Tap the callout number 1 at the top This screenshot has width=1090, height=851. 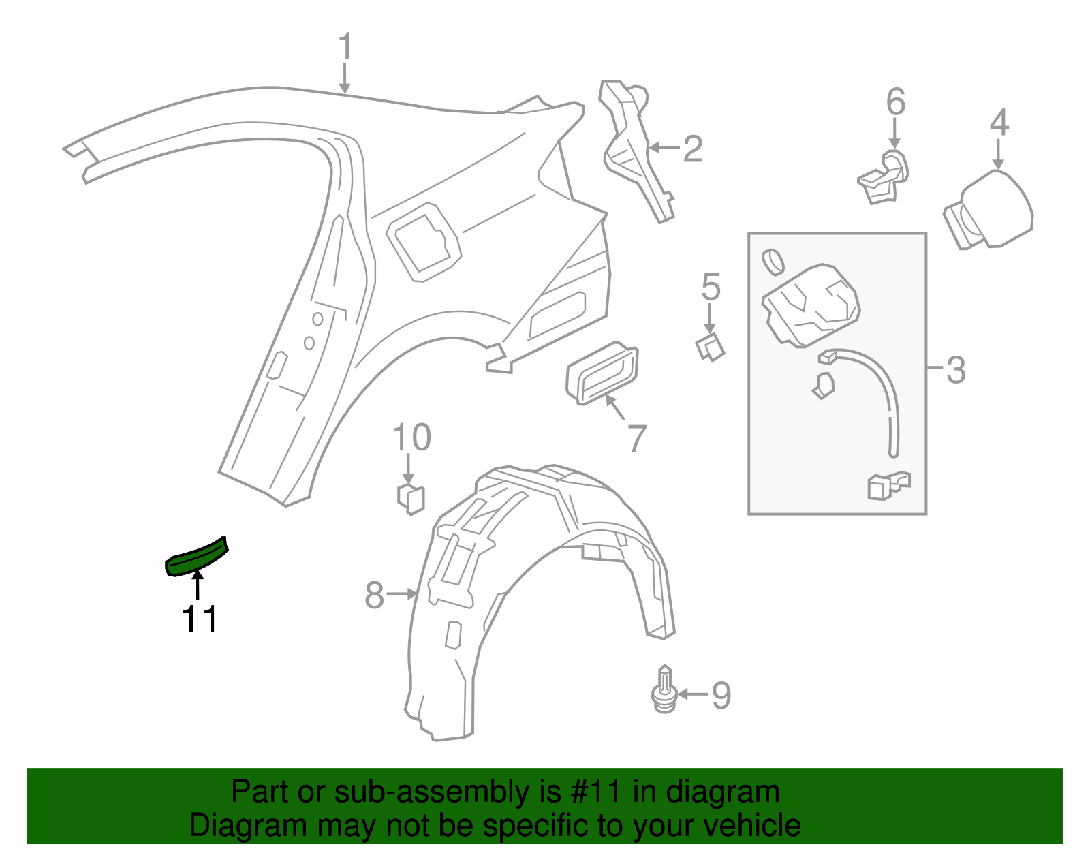tap(345, 47)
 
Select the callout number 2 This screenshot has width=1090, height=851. tap(692, 149)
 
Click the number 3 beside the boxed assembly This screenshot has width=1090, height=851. tap(956, 370)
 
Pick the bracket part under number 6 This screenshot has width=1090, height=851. tap(884, 179)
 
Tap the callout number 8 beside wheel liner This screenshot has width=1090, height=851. tap(375, 595)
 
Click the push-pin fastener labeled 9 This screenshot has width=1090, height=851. tap(665, 692)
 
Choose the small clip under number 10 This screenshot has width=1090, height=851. tap(411, 499)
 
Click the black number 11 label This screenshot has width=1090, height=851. tap(200, 619)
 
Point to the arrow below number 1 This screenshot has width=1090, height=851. tap(345, 78)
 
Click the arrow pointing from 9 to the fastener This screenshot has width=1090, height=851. tap(692, 694)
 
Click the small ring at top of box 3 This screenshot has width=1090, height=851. tap(773, 261)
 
